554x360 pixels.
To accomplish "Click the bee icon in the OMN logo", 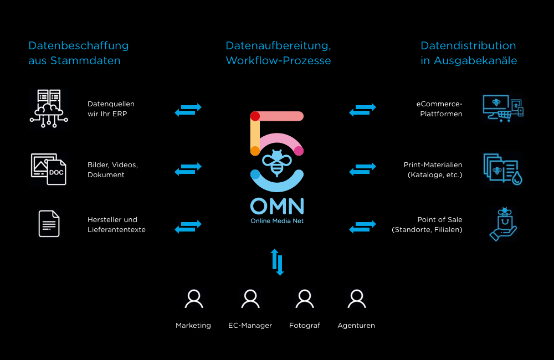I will click(277, 161).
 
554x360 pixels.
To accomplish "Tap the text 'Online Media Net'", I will click(277, 221).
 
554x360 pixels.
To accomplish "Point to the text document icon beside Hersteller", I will click(49, 224).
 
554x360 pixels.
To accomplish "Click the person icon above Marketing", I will click(193, 299).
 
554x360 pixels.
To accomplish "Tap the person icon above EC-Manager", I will click(250, 299).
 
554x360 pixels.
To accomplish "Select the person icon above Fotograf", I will click(305, 299).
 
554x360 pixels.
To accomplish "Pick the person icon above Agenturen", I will click(356, 299).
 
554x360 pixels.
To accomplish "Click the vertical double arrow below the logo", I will click(277, 262).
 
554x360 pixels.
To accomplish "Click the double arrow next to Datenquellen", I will click(188, 110).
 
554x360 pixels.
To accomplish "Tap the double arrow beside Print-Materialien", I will click(363, 169).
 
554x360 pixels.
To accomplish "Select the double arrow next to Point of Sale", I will click(363, 227).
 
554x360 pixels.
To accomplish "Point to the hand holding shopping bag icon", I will click(503, 224).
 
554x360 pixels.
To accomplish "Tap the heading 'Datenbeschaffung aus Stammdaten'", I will click(78, 53).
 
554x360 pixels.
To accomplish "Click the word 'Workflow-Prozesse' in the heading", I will click(278, 61).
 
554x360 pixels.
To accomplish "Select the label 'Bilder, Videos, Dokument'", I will click(112, 170).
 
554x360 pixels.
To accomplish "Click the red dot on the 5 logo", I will click(255, 116).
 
